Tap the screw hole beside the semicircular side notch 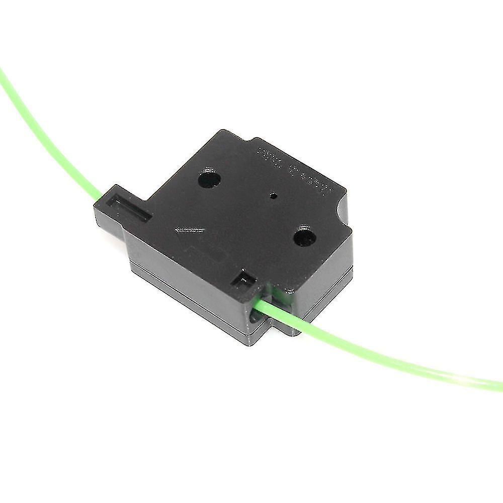(303, 235)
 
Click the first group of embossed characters (270, 153)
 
